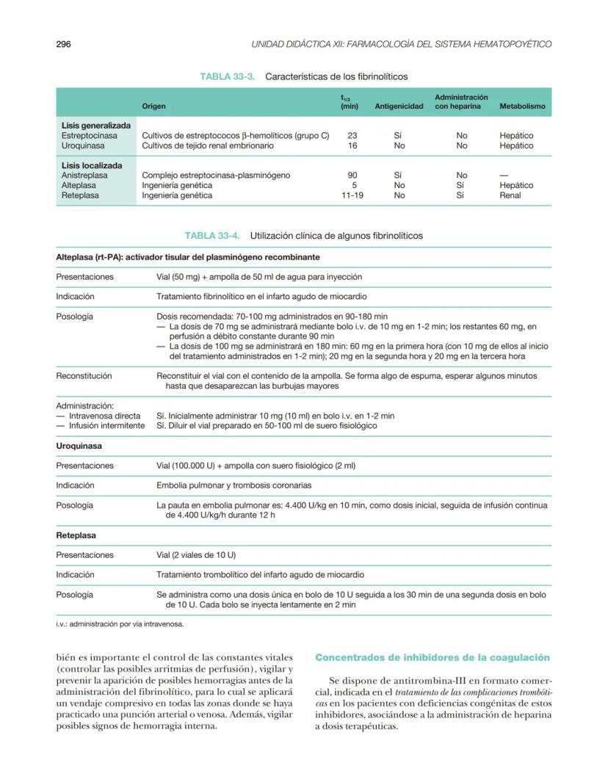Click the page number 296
click(63, 44)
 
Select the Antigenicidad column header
click(399, 106)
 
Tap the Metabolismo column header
click(522, 106)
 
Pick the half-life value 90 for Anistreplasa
click(352, 176)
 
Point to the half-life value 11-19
click(352, 196)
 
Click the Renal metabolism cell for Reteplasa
click(510, 196)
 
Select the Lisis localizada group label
click(92, 166)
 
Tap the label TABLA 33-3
click(227, 76)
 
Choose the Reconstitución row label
click(84, 376)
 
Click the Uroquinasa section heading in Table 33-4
click(79, 446)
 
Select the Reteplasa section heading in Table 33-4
click(76, 535)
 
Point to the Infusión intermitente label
click(99, 425)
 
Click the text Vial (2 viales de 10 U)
click(196, 555)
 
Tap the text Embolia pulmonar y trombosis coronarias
click(234, 485)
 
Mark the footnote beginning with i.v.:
click(120, 624)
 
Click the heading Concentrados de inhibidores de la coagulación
click(432, 657)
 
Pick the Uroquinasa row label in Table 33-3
click(81, 146)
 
